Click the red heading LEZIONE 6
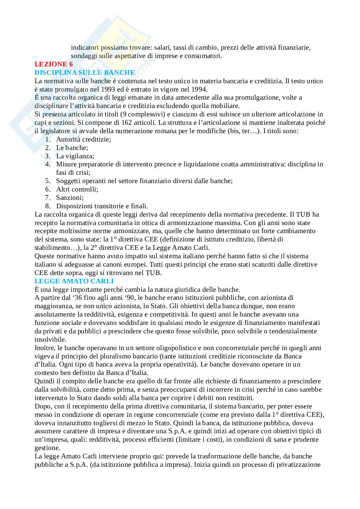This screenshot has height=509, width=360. coord(54,64)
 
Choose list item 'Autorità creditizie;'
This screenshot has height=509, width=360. coord(84,139)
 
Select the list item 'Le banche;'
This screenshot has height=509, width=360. coord(72,148)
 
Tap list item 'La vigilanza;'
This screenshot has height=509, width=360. coord(75,156)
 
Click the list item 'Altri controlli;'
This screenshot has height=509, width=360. coord(77,189)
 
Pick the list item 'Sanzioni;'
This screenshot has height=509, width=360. coord(70,198)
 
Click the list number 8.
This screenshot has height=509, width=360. coord(48,206)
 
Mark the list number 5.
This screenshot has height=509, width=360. coord(48,181)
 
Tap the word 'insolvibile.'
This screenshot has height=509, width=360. coord(50,339)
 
